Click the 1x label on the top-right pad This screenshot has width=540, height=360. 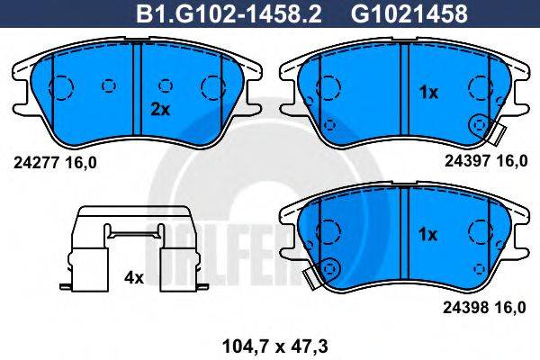pyautogui.click(x=429, y=92)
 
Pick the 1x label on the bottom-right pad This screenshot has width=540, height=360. pyautogui.click(x=429, y=234)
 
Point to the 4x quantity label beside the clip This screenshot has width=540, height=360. pyautogui.click(x=134, y=278)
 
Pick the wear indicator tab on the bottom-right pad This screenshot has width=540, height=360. pyautogui.click(x=316, y=277)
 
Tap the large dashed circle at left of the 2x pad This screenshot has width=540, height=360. pyautogui.click(x=59, y=86)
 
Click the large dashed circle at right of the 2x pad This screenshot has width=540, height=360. pyautogui.click(x=214, y=86)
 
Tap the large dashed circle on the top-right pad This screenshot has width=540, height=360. pyautogui.click(x=329, y=86)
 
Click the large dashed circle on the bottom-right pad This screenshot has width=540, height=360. pyautogui.click(x=329, y=233)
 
